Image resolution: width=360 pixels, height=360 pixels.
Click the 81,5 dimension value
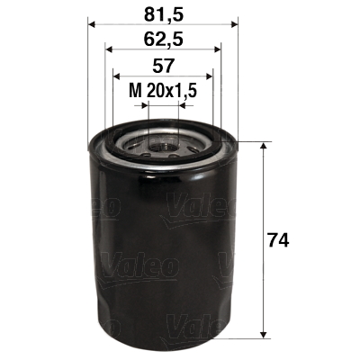pos(162,13)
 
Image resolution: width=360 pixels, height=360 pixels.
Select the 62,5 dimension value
pos(162,40)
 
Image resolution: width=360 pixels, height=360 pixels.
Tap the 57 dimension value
pos(162,66)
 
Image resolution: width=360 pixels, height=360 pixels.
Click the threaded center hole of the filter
pos(163,142)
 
